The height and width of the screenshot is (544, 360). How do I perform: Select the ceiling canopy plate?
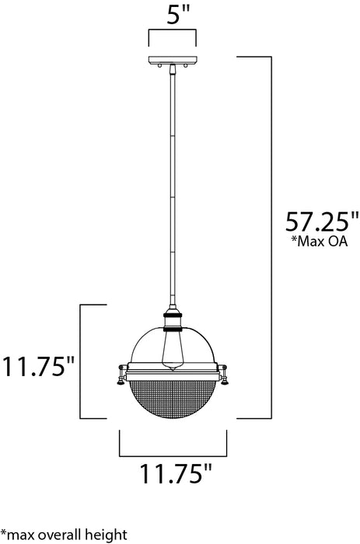coord(172,61)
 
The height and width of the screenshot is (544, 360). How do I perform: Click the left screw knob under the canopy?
coord(159,69)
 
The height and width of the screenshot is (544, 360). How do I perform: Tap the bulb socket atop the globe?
coord(172,320)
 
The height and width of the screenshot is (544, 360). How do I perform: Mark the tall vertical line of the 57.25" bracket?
coord(271,233)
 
